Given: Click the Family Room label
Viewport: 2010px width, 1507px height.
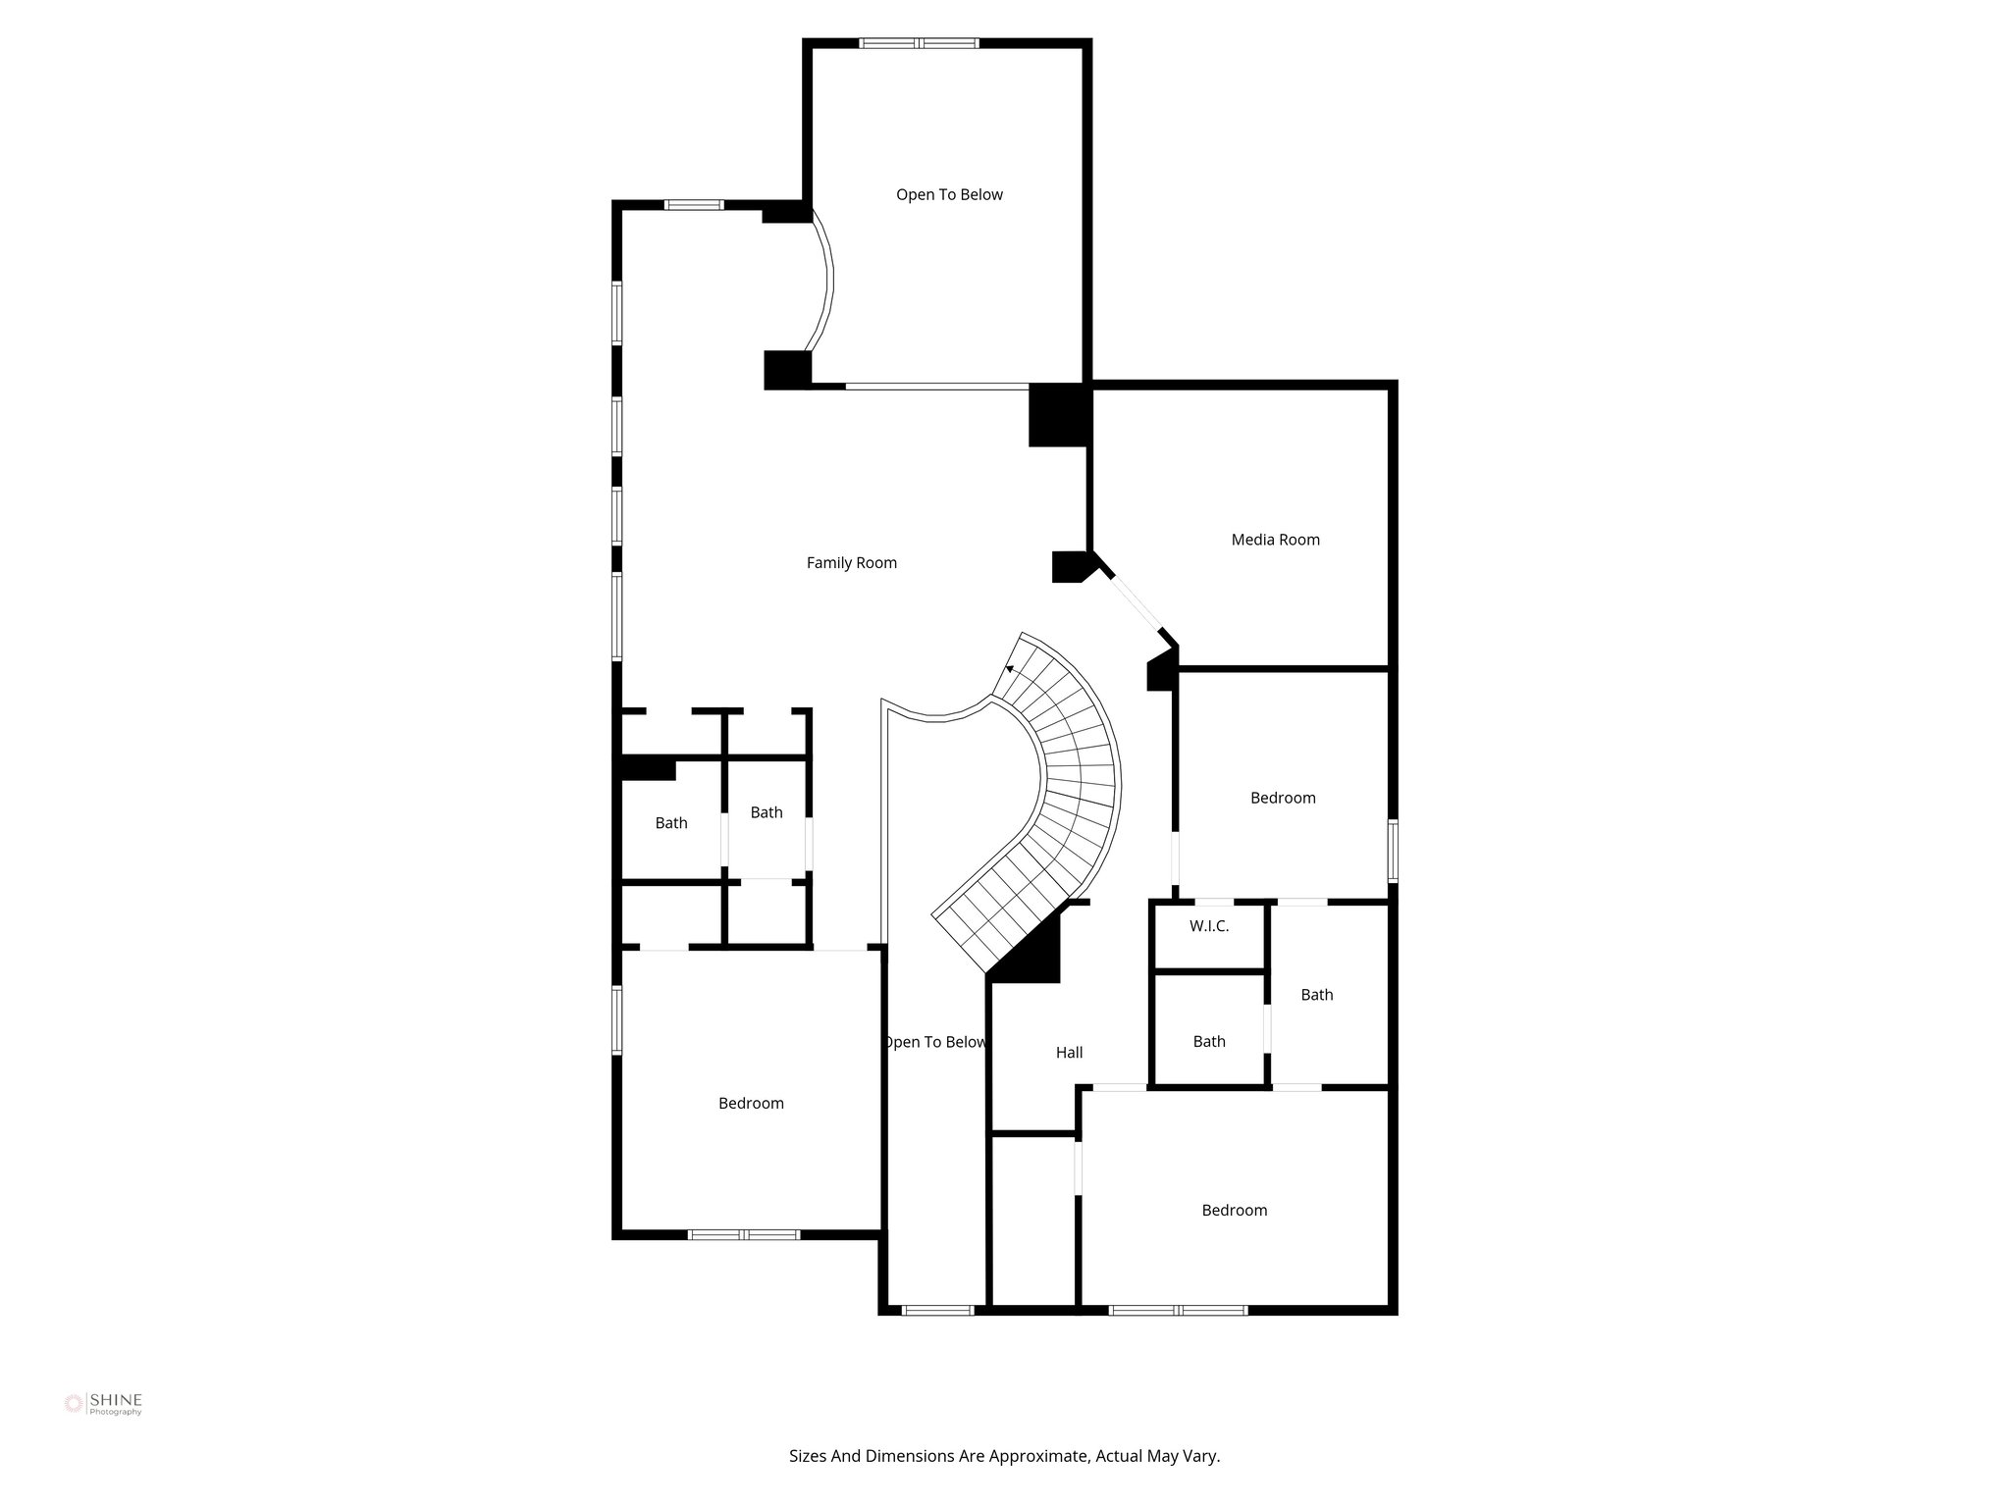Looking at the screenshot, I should tap(851, 563).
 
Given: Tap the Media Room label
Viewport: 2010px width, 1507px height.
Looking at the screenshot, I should tap(1275, 540).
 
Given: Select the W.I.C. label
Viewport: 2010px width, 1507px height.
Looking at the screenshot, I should tap(1208, 926).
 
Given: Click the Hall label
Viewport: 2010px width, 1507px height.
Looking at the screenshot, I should tap(1069, 1053).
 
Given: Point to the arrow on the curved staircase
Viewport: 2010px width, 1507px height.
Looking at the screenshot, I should tap(1010, 669).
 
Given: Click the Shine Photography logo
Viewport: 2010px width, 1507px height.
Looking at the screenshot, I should tap(103, 1404).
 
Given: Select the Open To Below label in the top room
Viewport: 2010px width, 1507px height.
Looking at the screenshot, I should tap(949, 195).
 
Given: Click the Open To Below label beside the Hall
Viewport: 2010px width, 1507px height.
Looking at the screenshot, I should tap(934, 1042).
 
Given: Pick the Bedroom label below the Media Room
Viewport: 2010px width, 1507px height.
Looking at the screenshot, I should tap(1282, 798).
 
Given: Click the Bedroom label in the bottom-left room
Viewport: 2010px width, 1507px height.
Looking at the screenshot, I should tap(751, 1104).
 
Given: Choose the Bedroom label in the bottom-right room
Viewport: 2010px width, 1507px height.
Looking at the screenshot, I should tap(1234, 1211).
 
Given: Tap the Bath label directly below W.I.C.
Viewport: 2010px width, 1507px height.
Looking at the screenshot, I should tap(1208, 1042).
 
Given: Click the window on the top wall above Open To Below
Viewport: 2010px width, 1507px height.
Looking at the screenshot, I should tap(919, 43).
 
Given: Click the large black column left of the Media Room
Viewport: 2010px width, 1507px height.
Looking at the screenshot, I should tap(1058, 416).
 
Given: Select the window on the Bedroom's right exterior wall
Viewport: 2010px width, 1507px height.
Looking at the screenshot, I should tap(1392, 850).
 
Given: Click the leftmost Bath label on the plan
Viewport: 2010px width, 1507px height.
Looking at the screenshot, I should tap(671, 823).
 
